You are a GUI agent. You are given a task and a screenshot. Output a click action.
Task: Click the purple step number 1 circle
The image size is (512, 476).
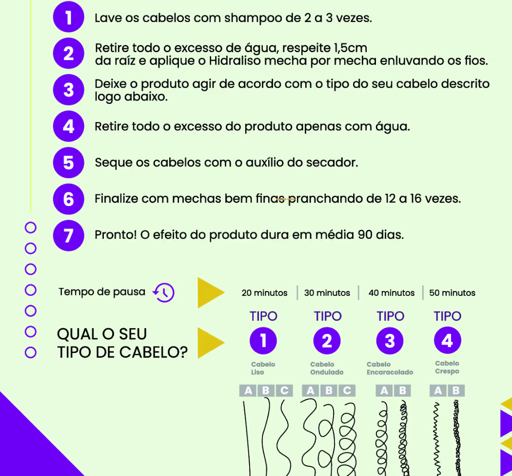(69, 17)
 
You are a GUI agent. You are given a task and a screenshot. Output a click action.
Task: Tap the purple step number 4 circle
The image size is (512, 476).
(69, 126)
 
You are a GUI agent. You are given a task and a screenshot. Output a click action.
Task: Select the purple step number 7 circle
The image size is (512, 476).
(69, 235)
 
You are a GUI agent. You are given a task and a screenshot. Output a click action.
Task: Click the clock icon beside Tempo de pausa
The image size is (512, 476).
(164, 292)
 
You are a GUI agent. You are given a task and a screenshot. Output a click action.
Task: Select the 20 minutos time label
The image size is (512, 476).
(264, 293)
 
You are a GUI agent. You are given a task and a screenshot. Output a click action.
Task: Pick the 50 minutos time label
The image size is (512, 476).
(452, 293)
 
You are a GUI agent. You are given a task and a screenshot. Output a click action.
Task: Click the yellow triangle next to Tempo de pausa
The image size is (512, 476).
(211, 293)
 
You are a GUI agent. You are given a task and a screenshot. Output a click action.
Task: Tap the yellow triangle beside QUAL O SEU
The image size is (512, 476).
(211, 343)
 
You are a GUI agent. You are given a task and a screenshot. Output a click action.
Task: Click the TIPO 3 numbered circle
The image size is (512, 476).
(390, 341)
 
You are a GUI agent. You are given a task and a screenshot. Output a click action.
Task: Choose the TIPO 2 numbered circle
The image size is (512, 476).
(327, 341)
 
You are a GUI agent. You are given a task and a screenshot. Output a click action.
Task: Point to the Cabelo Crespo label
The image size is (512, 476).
(447, 368)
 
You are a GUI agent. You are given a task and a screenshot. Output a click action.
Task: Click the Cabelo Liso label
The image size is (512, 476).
(263, 368)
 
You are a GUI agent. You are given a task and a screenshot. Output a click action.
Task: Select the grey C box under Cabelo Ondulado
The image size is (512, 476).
(347, 391)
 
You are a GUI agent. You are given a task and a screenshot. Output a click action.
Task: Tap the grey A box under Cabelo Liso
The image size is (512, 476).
(248, 391)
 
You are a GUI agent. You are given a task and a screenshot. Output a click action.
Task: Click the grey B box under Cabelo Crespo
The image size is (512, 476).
(456, 391)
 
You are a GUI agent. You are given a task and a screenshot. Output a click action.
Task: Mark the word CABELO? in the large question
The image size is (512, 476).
(154, 352)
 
